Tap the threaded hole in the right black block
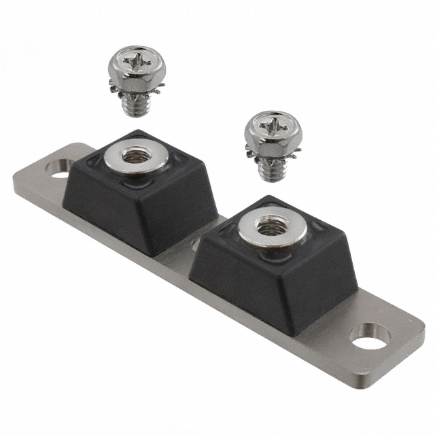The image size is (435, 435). (271, 227)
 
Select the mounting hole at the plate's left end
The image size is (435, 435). (61, 167)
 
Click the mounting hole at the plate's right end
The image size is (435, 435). (370, 336)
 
